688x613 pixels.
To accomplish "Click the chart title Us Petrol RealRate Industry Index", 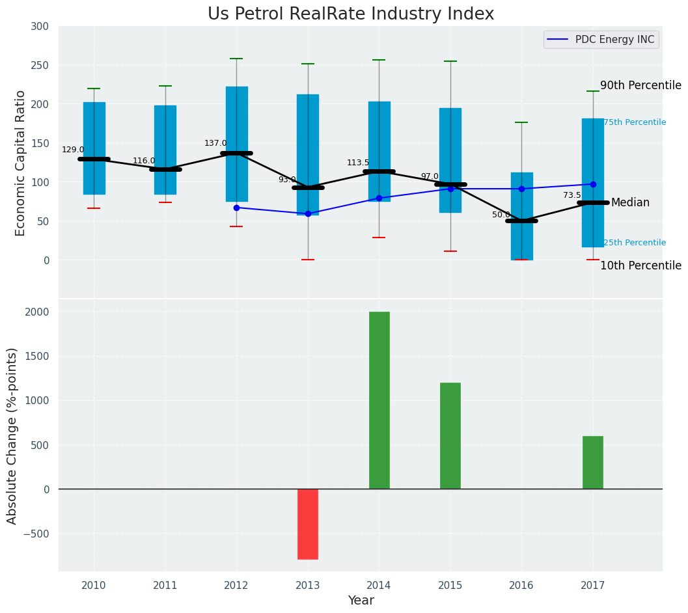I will click(x=351, y=14).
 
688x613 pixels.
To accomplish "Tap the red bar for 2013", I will click(x=308, y=524).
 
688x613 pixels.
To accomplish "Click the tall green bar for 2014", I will click(x=379, y=400).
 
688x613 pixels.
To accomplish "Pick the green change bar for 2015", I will click(x=450, y=435).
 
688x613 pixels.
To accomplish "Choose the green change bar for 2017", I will click(x=593, y=462).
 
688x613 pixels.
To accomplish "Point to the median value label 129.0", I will click(x=73, y=150).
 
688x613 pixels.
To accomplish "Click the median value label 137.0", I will click(x=215, y=143).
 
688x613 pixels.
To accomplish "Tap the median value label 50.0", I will click(x=501, y=215).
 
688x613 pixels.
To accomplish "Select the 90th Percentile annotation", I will click(x=640, y=86).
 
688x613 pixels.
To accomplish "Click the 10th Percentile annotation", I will click(x=640, y=266).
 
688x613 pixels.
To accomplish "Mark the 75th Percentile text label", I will click(x=635, y=122).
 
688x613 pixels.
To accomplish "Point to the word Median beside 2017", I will click(x=630, y=203).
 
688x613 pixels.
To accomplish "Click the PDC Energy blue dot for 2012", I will click(x=236, y=208).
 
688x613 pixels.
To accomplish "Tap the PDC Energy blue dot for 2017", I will click(x=593, y=184).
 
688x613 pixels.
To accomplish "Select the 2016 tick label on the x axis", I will click(x=521, y=586).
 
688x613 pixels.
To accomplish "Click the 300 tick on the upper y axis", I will click(x=40, y=26).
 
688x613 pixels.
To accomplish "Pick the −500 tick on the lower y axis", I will click(x=35, y=534).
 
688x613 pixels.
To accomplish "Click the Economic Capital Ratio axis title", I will click(x=20, y=163).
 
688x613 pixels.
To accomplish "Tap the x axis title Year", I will click(x=361, y=601).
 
